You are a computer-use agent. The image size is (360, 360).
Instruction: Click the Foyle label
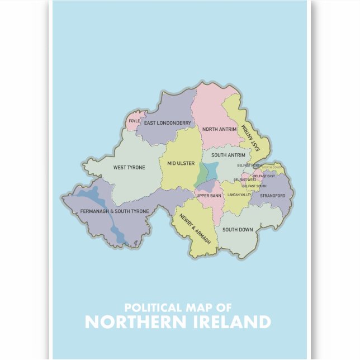click(x=134, y=121)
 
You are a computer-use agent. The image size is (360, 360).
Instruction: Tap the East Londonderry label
click(x=168, y=123)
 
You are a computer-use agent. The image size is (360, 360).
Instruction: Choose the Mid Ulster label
click(x=181, y=163)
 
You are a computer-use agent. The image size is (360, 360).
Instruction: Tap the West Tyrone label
click(x=129, y=167)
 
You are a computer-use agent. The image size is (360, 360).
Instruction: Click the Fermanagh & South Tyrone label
click(x=107, y=211)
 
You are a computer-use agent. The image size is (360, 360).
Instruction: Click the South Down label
click(x=238, y=230)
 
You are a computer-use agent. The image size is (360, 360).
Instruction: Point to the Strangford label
click(x=272, y=196)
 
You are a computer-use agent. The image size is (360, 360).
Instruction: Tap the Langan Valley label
click(x=239, y=195)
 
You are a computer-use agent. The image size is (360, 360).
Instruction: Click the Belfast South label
click(x=254, y=186)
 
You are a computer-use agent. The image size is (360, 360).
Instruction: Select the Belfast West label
click(x=245, y=179)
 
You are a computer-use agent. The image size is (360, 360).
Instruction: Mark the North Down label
click(x=272, y=168)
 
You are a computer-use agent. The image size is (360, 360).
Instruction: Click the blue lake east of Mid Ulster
click(x=210, y=170)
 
